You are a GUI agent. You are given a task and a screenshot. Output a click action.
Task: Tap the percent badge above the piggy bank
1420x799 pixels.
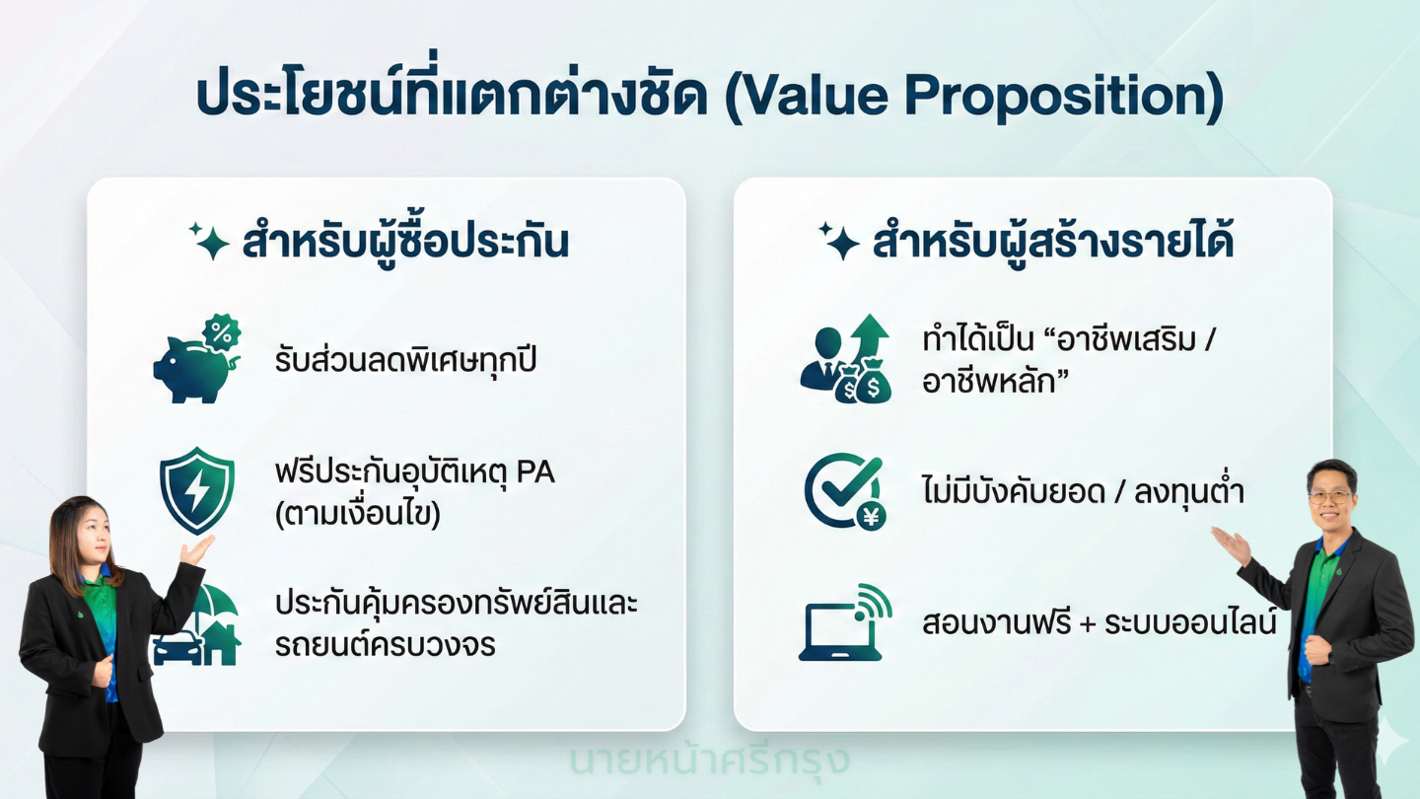click(x=221, y=331)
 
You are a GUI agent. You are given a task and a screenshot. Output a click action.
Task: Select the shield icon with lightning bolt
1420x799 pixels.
click(x=197, y=491)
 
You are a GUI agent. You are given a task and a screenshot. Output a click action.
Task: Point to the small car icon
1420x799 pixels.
click(x=177, y=647)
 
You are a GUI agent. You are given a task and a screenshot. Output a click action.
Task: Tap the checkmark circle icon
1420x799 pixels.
click(x=840, y=487)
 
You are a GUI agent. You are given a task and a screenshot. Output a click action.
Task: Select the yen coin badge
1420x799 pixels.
click(x=871, y=517)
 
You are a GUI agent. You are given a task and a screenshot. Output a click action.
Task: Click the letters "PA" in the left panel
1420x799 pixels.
click(x=535, y=472)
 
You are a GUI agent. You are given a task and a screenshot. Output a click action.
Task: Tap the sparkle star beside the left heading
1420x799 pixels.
click(x=209, y=242)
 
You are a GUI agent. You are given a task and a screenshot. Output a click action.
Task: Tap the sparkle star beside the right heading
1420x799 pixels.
click(x=838, y=241)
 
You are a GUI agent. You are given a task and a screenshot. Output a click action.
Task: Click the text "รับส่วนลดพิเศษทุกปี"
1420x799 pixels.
click(x=405, y=360)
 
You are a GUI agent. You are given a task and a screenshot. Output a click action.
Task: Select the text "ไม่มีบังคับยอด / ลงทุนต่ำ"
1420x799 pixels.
click(x=1083, y=491)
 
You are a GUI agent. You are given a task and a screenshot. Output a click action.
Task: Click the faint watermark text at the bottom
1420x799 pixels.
click(x=710, y=761)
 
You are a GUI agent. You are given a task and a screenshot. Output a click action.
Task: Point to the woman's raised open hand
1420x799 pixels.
click(x=197, y=549)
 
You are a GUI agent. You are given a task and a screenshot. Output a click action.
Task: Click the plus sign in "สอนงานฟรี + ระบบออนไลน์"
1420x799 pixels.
click(x=1087, y=624)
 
